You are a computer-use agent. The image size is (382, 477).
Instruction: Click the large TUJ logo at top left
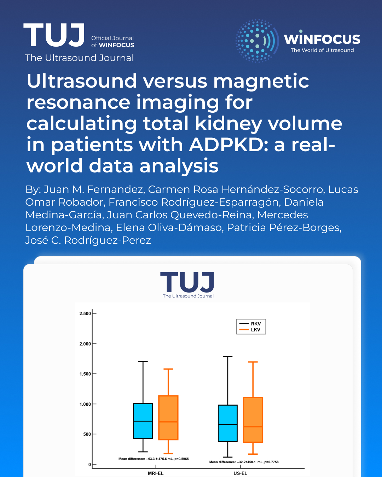[x=54, y=35]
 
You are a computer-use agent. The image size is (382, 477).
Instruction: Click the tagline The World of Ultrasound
[x=322, y=50]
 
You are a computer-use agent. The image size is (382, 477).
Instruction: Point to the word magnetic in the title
[x=261, y=81]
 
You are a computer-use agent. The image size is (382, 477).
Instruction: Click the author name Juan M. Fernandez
[x=94, y=189]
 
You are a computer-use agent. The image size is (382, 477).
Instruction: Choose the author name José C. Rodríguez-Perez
[x=88, y=240]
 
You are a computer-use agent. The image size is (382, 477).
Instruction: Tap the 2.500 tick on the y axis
[x=85, y=313]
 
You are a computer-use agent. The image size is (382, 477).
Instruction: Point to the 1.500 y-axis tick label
[x=85, y=374]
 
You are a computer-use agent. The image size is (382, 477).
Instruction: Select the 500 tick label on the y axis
[x=87, y=434]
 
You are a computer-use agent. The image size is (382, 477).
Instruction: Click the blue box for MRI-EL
[x=143, y=421]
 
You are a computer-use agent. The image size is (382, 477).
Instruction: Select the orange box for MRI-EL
[x=168, y=418]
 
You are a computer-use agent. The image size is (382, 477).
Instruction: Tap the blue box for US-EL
[x=227, y=423]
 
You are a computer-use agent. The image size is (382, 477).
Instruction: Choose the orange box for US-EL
[x=253, y=420]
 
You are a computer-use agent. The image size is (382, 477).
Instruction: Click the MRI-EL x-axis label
[x=156, y=473]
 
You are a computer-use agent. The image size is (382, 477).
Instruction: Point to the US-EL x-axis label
[x=240, y=473]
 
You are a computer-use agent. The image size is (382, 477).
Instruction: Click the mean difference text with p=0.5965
[x=154, y=459]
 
